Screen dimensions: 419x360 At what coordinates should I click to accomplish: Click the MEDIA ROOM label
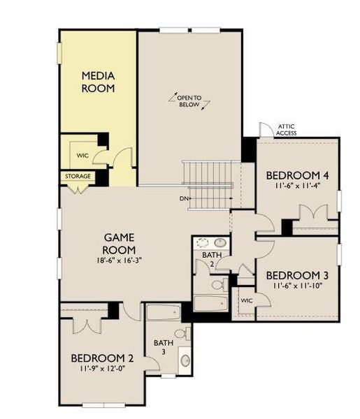point(98,82)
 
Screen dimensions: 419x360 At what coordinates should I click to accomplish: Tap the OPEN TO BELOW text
point(188,101)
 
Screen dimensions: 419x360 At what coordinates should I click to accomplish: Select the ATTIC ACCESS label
point(286,130)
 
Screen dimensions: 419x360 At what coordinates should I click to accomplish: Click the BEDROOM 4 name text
point(294,175)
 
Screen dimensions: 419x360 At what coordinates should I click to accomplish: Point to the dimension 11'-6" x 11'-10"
point(296,285)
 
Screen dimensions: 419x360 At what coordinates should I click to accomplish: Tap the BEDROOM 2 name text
point(102,358)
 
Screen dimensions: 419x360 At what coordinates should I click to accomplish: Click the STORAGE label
point(78,177)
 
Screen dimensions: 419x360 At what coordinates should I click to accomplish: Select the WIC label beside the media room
point(82,155)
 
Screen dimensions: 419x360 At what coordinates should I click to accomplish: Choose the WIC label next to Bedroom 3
point(246,300)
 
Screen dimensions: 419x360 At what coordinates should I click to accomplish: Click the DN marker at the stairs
point(184,198)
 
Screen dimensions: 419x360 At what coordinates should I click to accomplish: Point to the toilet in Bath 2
point(217,284)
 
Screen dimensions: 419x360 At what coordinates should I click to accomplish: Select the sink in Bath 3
point(185,361)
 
